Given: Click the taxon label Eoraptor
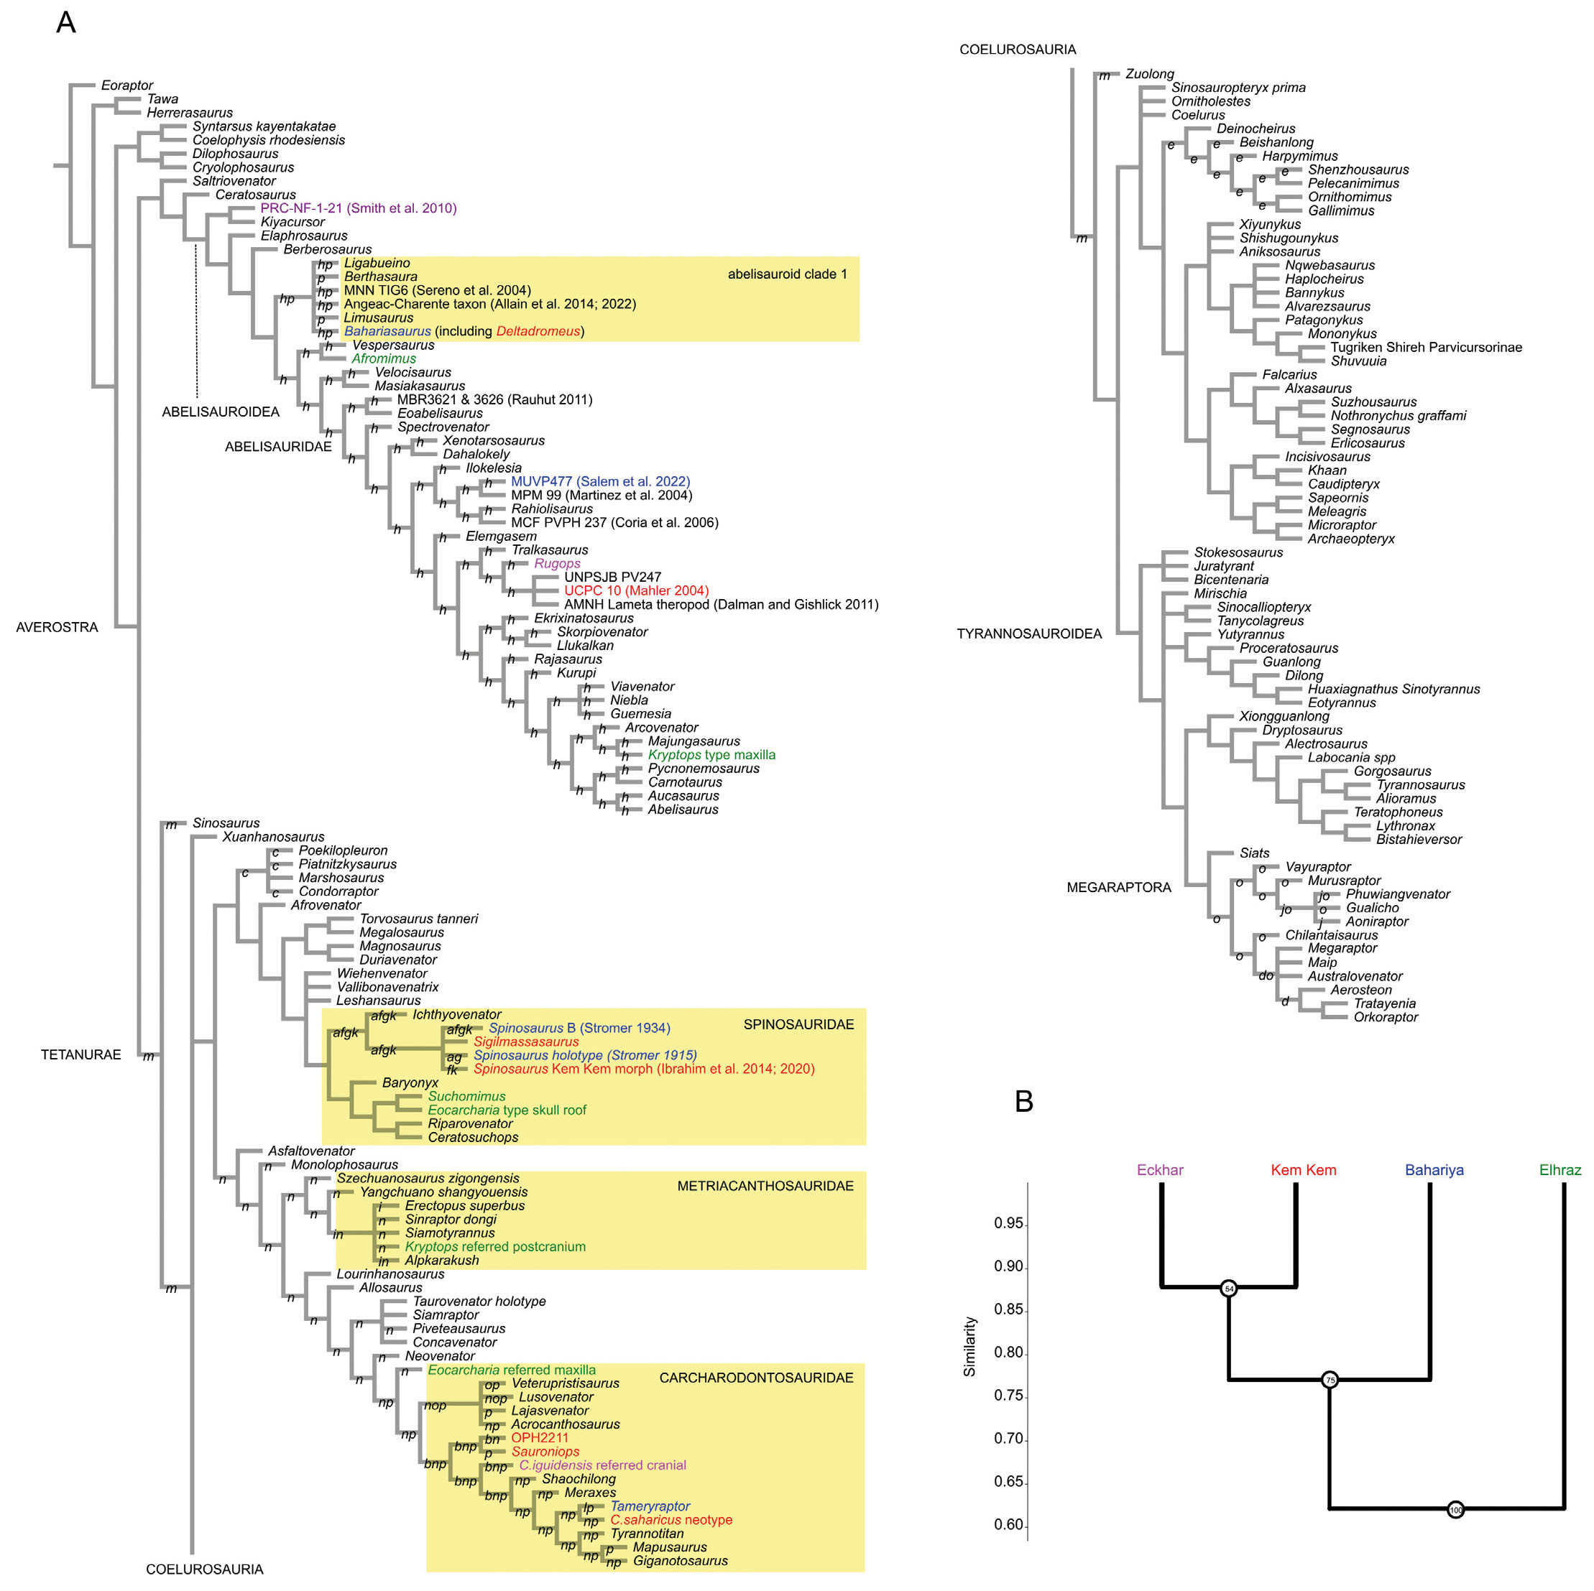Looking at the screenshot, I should point(127,85).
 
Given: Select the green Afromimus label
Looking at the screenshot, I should point(384,358).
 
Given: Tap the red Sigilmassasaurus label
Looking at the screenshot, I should point(526,1042).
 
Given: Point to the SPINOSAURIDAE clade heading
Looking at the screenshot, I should point(798,1024).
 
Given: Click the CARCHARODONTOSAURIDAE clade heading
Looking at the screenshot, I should point(756,1378).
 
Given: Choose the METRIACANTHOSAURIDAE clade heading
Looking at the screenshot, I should point(765,1186).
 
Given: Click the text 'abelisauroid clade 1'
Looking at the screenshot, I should point(786,274).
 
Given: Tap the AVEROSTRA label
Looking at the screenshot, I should point(57,627).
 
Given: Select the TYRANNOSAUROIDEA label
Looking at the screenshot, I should point(1029,634).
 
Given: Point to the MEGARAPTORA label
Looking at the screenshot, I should point(1118,888).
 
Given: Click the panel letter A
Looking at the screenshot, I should point(65,22).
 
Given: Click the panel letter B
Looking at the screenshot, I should point(1023,1101).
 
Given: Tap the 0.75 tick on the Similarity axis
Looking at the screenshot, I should point(1008,1395).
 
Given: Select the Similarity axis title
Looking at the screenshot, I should point(969,1346).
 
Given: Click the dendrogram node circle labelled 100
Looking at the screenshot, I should point(1455,1509).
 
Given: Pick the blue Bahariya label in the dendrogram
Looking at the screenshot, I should point(1434,1169).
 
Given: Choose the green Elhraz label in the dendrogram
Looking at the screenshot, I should point(1560,1169).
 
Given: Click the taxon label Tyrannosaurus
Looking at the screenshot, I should point(1420,784).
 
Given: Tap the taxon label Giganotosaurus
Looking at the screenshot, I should point(680,1561).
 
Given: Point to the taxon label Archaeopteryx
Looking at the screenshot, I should point(1350,539).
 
